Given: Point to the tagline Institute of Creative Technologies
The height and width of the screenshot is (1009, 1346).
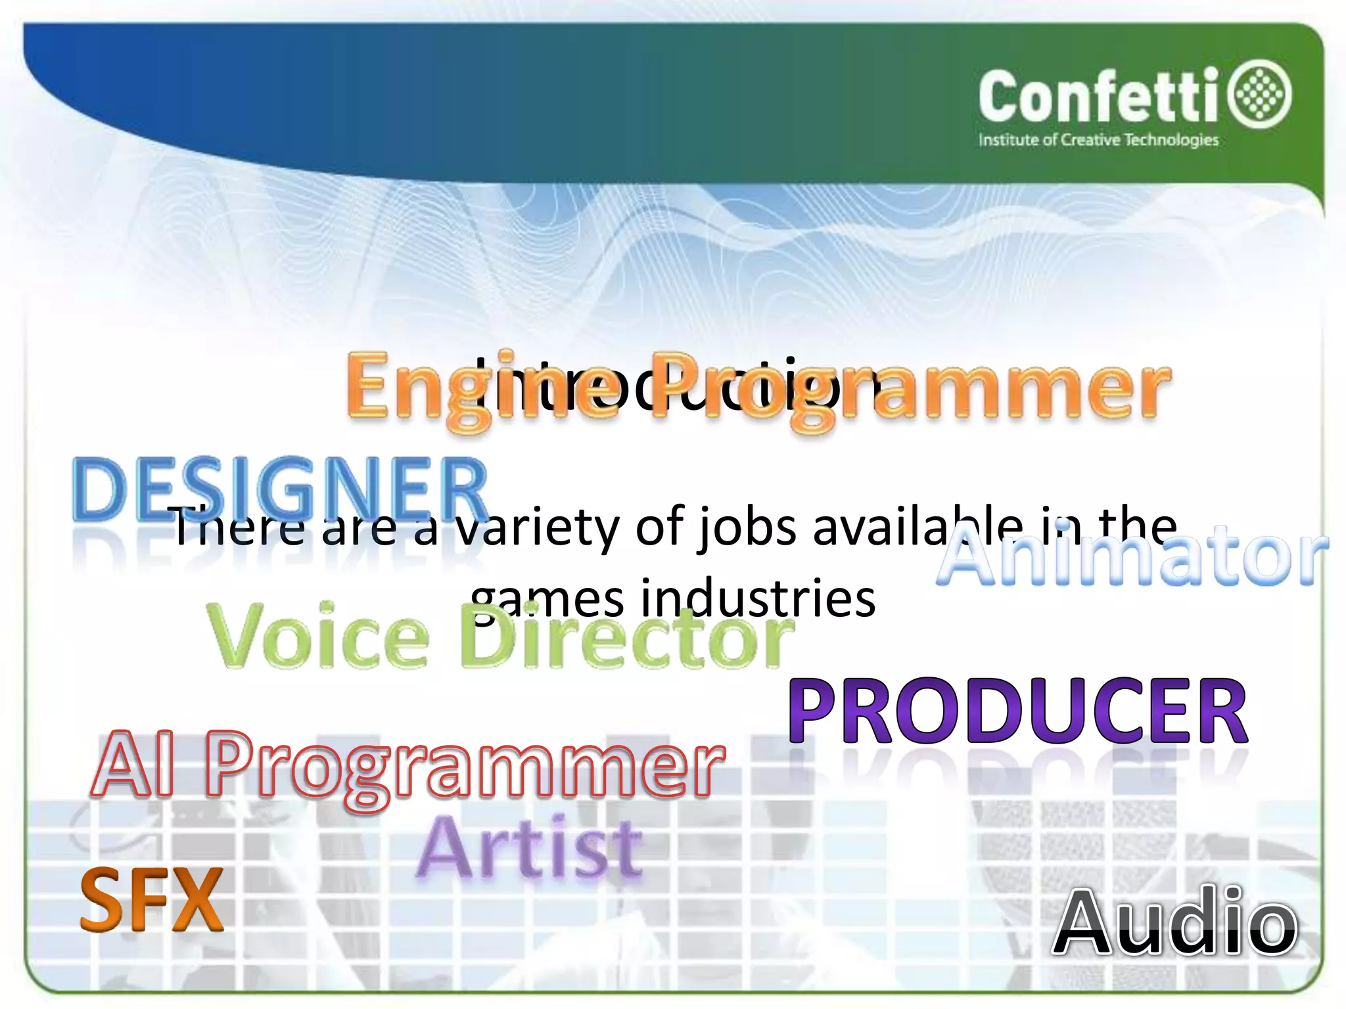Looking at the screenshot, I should coord(1098,140).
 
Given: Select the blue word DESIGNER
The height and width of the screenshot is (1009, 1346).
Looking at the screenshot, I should coord(280,489).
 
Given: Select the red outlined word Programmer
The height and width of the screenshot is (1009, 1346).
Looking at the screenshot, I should coord(463,769).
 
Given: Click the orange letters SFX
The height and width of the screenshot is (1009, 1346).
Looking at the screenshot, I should coord(152,900).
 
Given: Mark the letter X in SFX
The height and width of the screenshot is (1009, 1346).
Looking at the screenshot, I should coord(196,900).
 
